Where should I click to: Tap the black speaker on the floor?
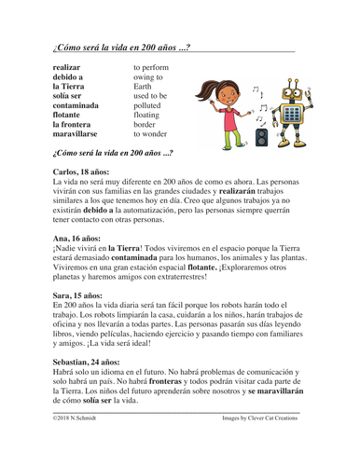pos(262,137)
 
